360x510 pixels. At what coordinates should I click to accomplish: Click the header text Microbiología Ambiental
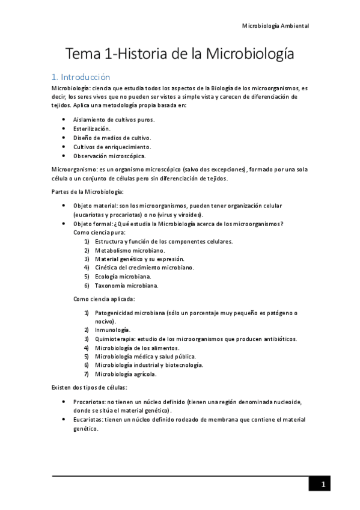[275, 26]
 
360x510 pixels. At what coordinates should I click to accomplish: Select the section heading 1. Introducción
[81, 77]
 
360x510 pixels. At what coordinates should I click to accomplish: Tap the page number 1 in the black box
[323, 484]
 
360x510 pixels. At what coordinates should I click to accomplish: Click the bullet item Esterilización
[91, 129]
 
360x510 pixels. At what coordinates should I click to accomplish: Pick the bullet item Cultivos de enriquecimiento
[112, 147]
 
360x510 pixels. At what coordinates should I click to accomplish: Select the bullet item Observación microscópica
[109, 156]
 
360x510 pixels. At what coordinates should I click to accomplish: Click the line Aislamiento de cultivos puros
[114, 120]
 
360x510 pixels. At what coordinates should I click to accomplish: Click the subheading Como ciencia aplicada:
[104, 299]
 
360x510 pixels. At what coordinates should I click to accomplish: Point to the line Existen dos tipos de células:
[89, 387]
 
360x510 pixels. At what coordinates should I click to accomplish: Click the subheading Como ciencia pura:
[98, 232]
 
